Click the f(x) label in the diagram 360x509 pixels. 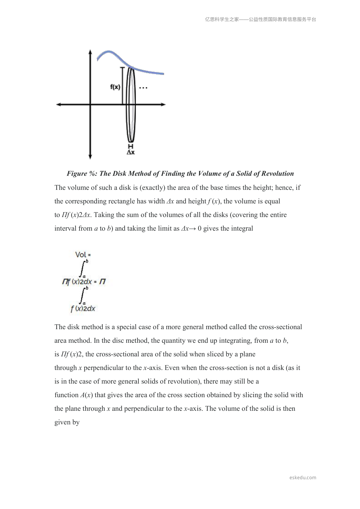point(115,87)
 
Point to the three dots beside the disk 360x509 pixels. point(143,88)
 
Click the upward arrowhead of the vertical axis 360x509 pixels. point(90,52)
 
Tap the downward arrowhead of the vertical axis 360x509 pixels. point(90,157)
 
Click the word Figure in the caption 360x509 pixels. point(77,173)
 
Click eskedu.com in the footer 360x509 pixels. point(303,478)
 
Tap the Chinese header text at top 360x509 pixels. point(261,19)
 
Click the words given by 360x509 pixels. point(67,422)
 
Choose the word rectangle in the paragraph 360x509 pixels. point(121,201)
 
